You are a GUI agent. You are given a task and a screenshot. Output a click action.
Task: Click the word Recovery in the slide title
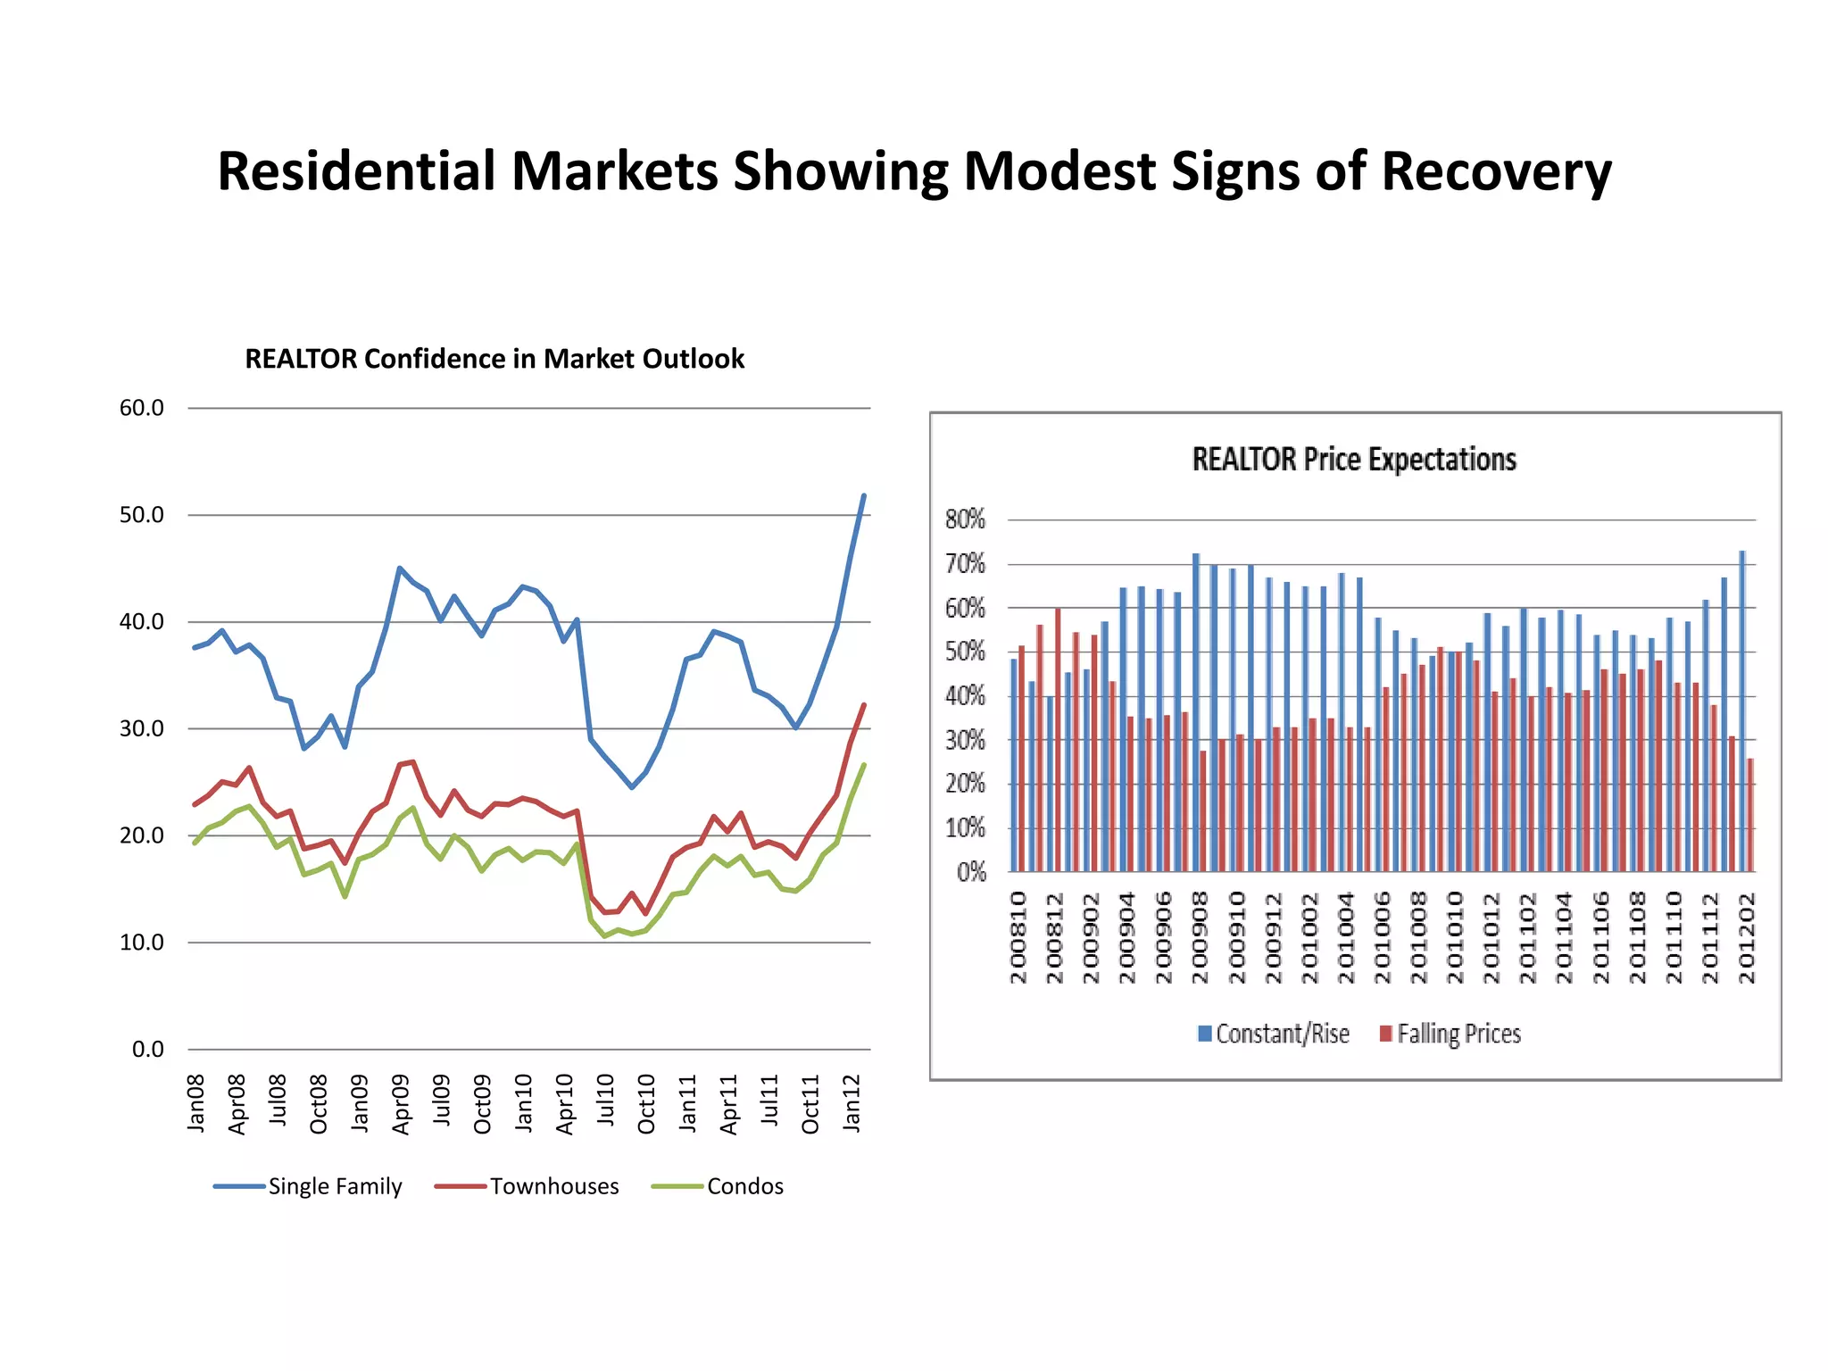coord(1496,170)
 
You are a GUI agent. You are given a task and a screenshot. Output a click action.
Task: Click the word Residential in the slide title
coord(356,170)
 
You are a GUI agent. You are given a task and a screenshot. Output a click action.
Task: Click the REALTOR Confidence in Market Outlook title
coord(494,359)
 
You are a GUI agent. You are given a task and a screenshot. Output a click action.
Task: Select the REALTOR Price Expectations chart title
coord(1354,459)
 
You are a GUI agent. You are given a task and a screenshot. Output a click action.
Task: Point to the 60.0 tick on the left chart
coord(142,408)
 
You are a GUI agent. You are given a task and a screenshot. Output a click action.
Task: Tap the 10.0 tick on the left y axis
coord(142,943)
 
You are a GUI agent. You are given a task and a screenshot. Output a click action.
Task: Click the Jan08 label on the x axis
coord(196,1103)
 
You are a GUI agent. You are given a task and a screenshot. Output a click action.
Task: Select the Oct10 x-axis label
coord(646,1104)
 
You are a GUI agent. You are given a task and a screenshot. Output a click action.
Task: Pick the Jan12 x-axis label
coord(852,1103)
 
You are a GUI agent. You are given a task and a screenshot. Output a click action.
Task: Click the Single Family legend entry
coord(335,1186)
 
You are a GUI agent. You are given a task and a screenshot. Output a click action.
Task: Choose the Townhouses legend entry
coord(553,1186)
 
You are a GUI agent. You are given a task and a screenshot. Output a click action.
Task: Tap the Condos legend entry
coord(744,1186)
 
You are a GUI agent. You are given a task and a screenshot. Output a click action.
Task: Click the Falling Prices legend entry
coord(1458,1034)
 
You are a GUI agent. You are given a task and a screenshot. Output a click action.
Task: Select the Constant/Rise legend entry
coord(1282,1034)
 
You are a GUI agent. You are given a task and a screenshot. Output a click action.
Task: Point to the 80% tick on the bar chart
coord(965,519)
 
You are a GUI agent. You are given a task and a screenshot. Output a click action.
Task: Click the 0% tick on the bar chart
coord(971,872)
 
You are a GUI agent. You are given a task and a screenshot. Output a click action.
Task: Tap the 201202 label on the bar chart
coord(1747,938)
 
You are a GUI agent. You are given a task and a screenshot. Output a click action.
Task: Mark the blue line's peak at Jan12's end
coord(863,495)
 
